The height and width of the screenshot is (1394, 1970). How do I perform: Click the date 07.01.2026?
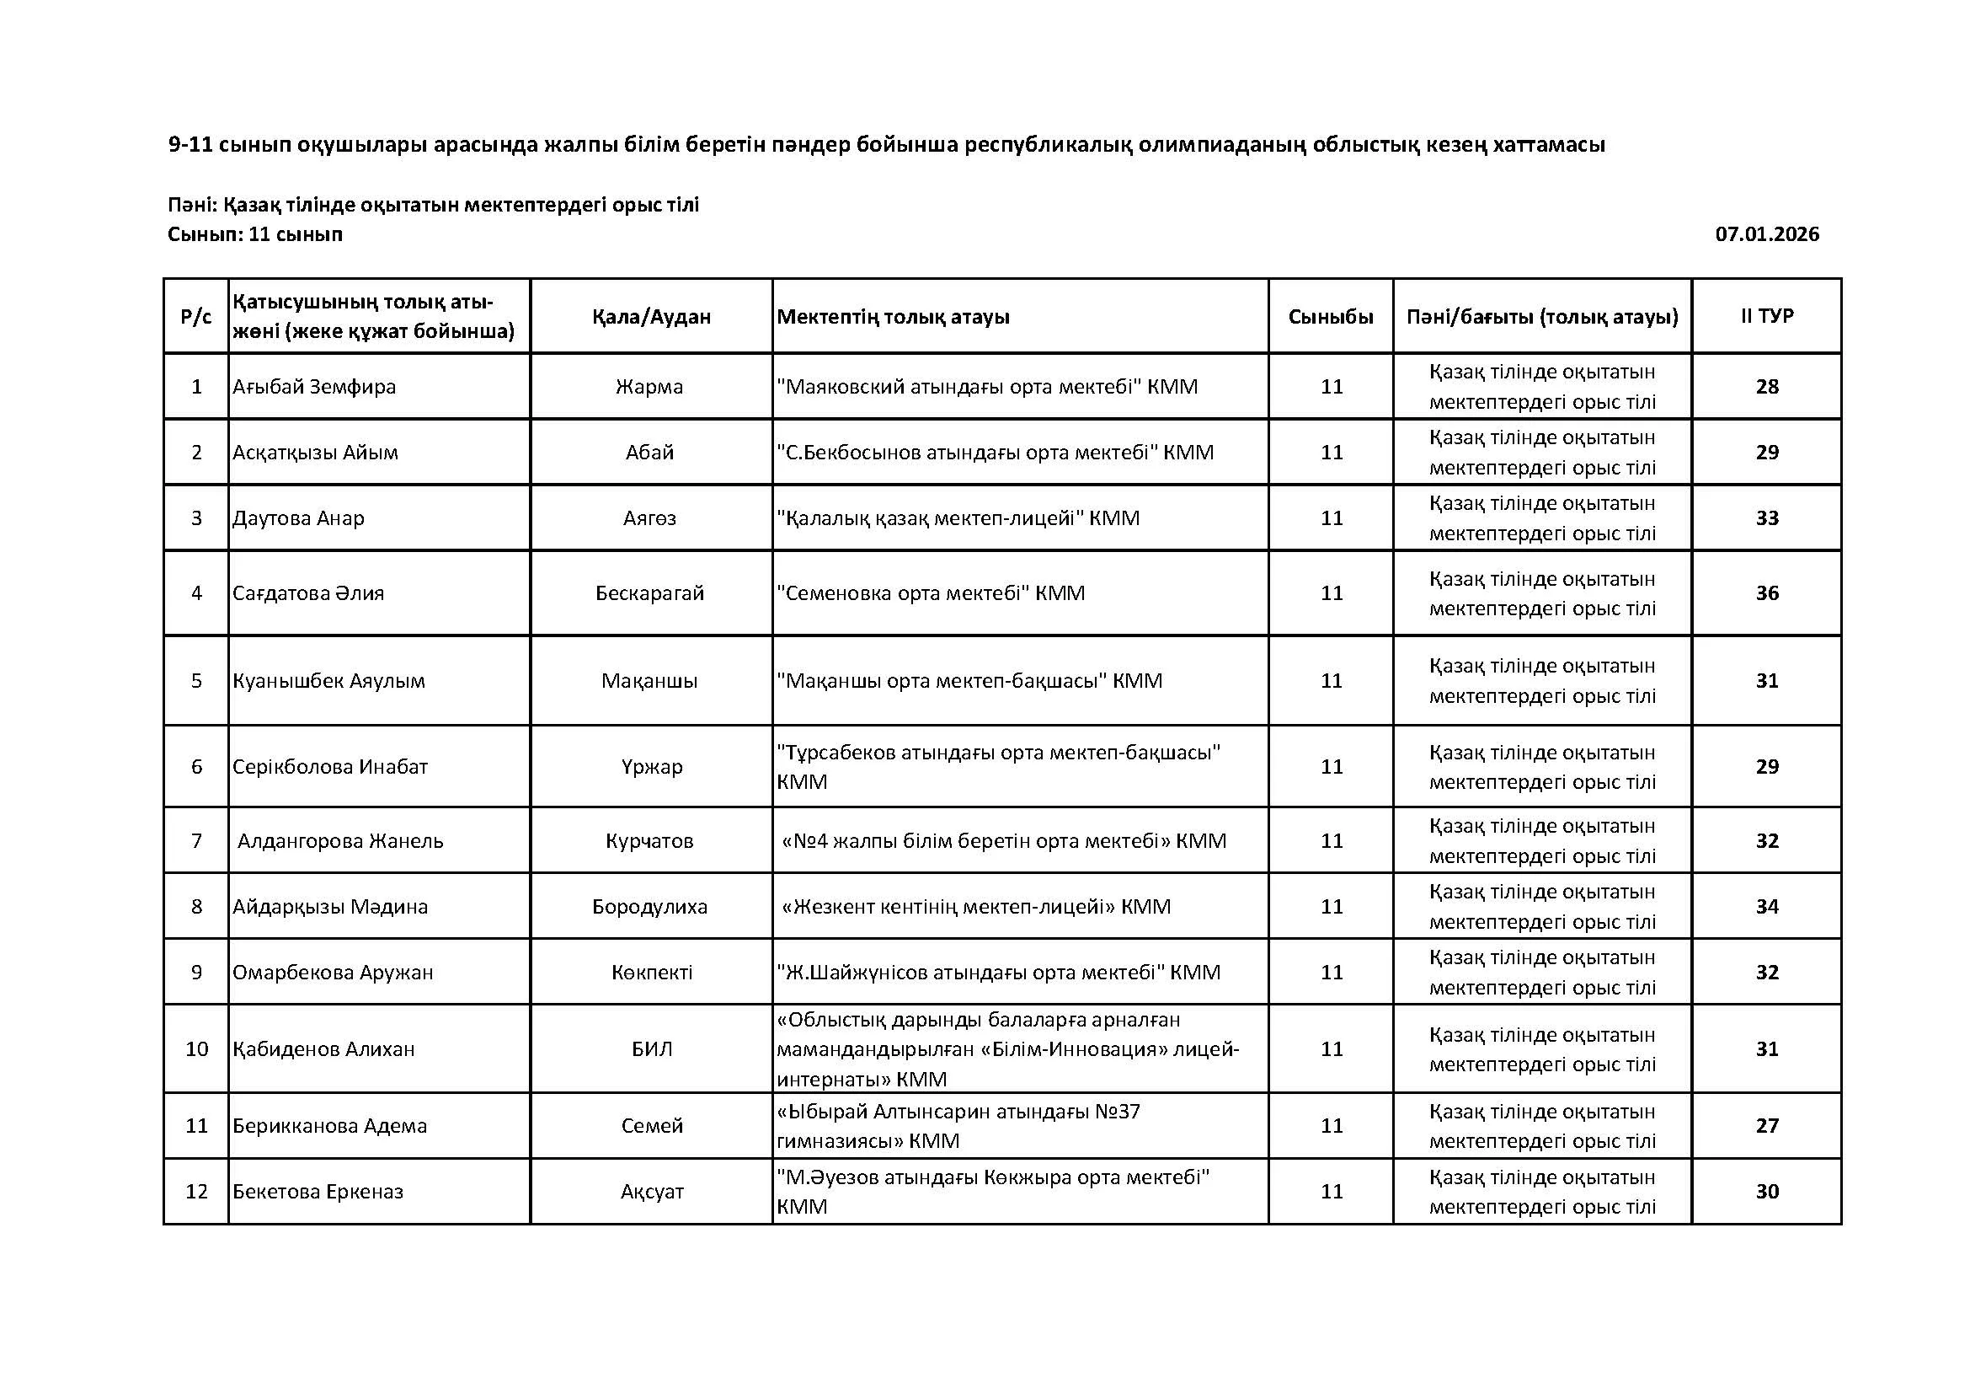tap(1767, 234)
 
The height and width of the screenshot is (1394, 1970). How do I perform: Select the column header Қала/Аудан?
tap(651, 317)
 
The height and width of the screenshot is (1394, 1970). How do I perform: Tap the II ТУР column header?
tap(1767, 316)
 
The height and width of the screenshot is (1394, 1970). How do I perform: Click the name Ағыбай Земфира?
tap(314, 386)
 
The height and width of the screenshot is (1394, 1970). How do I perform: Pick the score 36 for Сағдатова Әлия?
tap(1767, 593)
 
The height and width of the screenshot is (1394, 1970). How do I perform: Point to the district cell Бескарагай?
tap(649, 593)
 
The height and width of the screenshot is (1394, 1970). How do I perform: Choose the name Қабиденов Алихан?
tap(323, 1049)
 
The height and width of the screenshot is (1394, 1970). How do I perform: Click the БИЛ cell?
tap(651, 1049)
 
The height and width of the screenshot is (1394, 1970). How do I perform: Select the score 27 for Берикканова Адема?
tap(1767, 1125)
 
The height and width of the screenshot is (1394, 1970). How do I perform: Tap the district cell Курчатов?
tap(649, 841)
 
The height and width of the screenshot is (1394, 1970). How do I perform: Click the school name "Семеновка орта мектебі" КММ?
tap(930, 593)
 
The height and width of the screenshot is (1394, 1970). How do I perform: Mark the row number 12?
tap(196, 1192)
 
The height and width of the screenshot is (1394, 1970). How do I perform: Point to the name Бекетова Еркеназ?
tap(318, 1192)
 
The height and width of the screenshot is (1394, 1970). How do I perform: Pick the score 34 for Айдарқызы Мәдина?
tap(1767, 907)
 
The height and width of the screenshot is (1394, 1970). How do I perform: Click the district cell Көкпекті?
tap(651, 973)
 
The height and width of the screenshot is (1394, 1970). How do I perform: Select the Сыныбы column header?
tap(1330, 317)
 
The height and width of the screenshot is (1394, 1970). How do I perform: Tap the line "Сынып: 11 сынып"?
tap(255, 234)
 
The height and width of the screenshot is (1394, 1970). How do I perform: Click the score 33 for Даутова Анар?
tap(1767, 518)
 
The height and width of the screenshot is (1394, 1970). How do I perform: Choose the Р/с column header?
tap(195, 317)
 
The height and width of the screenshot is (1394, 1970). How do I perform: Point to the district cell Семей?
tap(651, 1125)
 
